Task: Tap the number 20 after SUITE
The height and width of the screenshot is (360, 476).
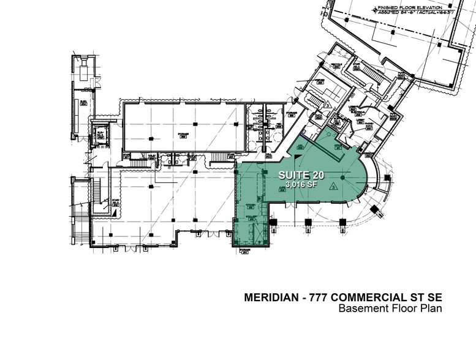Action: tap(322, 174)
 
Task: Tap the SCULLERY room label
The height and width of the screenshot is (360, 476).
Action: tap(251, 216)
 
